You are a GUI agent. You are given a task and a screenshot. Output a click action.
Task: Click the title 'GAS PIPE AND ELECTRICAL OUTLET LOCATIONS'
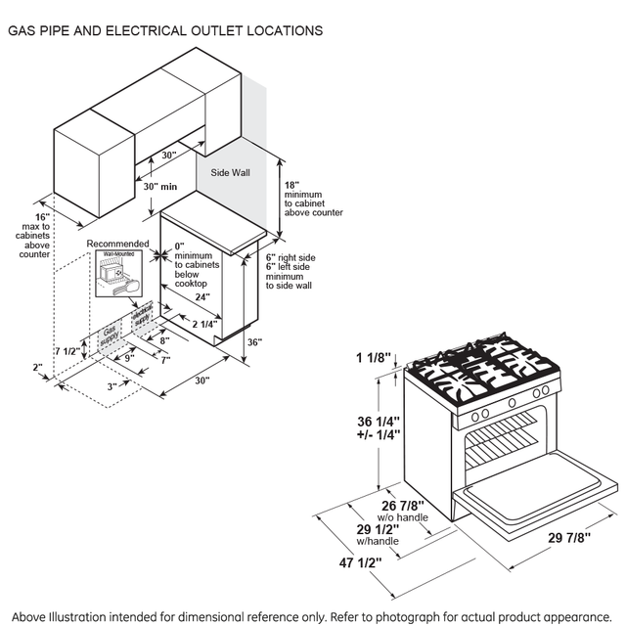pyautogui.click(x=165, y=31)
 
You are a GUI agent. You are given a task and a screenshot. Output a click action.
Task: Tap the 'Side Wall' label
pyautogui.click(x=230, y=172)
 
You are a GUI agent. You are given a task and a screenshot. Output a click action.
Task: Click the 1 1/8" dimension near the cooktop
pyautogui.click(x=374, y=358)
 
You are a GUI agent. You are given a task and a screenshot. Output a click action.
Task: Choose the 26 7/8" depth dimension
pyautogui.click(x=404, y=505)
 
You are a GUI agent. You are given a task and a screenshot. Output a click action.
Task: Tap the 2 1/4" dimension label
pyautogui.click(x=204, y=324)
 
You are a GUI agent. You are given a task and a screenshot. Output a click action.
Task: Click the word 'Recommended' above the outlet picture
pyautogui.click(x=117, y=244)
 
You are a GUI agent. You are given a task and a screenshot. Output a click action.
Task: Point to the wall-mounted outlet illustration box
pyautogui.click(x=117, y=275)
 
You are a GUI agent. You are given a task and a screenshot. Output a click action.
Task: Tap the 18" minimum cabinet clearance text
pyautogui.click(x=311, y=199)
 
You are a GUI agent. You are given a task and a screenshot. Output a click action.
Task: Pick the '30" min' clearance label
pyautogui.click(x=159, y=186)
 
